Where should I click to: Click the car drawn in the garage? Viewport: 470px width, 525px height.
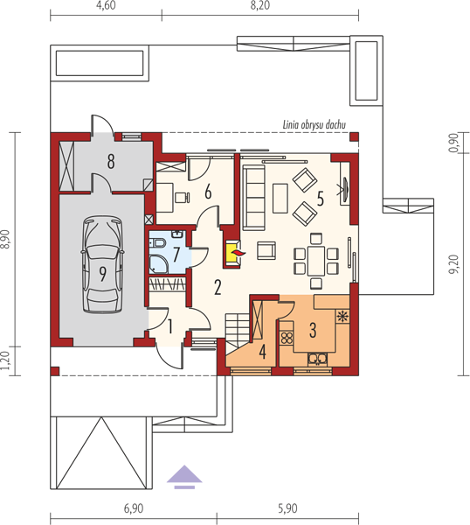pos(102,264)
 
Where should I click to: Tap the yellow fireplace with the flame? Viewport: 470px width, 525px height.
pos(233,253)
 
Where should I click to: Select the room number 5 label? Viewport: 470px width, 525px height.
pos(321,199)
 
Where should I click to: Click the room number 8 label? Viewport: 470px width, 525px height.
pos(111,161)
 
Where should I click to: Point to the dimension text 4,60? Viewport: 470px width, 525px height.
pos(106,6)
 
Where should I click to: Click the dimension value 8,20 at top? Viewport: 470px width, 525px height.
pos(260,6)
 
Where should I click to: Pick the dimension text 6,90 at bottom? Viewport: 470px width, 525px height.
pos(134,508)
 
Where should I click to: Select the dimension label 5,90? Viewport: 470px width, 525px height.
pos(287,508)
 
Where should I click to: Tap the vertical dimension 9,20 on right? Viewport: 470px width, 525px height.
pos(453,264)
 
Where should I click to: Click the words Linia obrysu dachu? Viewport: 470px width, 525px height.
pos(314,125)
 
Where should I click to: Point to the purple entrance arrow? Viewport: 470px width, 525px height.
pos(184,477)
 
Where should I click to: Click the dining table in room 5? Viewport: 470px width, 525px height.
pos(316,261)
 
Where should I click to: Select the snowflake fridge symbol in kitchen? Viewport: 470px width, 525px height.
pos(342,316)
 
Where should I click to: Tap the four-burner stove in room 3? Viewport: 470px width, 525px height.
pos(287,338)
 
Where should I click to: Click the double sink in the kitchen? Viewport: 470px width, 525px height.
pos(317,360)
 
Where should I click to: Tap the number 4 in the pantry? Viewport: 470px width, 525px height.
pos(263,352)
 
